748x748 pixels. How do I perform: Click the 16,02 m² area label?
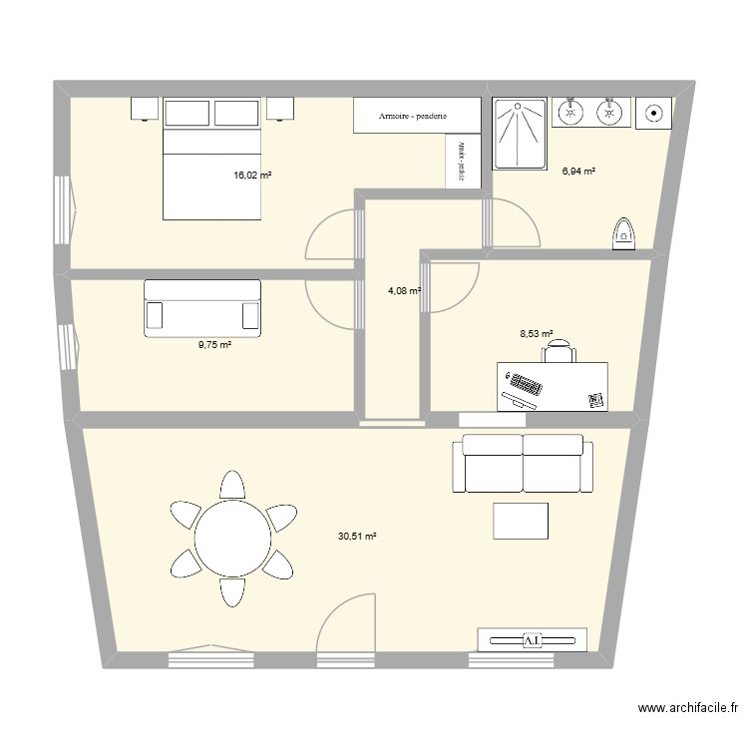click(x=252, y=175)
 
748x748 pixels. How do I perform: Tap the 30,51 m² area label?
click(x=357, y=537)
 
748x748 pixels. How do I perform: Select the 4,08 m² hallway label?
click(x=404, y=291)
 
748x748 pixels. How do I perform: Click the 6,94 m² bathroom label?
click(x=578, y=172)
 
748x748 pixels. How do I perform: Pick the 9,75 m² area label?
click(x=214, y=345)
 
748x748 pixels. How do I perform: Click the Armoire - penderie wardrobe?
click(x=412, y=117)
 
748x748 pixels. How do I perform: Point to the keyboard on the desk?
click(x=525, y=384)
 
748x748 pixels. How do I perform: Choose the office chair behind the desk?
click(x=561, y=350)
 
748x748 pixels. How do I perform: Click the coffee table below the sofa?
click(x=521, y=521)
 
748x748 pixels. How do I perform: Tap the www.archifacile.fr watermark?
click(x=687, y=709)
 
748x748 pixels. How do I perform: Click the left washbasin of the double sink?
click(x=572, y=113)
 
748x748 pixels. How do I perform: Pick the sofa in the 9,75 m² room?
click(x=202, y=308)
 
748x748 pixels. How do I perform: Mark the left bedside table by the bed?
click(x=145, y=108)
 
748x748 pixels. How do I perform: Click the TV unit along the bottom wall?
click(x=532, y=639)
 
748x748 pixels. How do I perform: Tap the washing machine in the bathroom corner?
click(x=654, y=113)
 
